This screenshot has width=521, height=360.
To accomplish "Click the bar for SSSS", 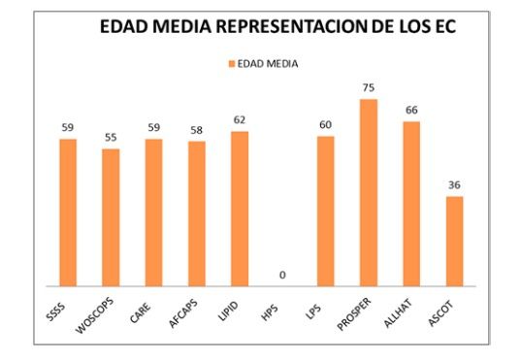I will click(x=67, y=213).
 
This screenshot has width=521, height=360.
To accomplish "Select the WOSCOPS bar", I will click(x=111, y=217).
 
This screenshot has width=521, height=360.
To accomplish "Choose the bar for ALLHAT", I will click(x=411, y=204).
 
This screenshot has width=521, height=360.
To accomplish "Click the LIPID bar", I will click(x=240, y=209).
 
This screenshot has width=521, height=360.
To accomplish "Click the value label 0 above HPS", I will click(x=282, y=276).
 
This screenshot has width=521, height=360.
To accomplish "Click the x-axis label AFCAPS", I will click(x=189, y=312).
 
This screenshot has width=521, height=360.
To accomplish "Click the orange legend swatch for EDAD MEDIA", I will click(x=231, y=63).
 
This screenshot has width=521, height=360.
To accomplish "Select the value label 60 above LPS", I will click(x=325, y=125).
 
